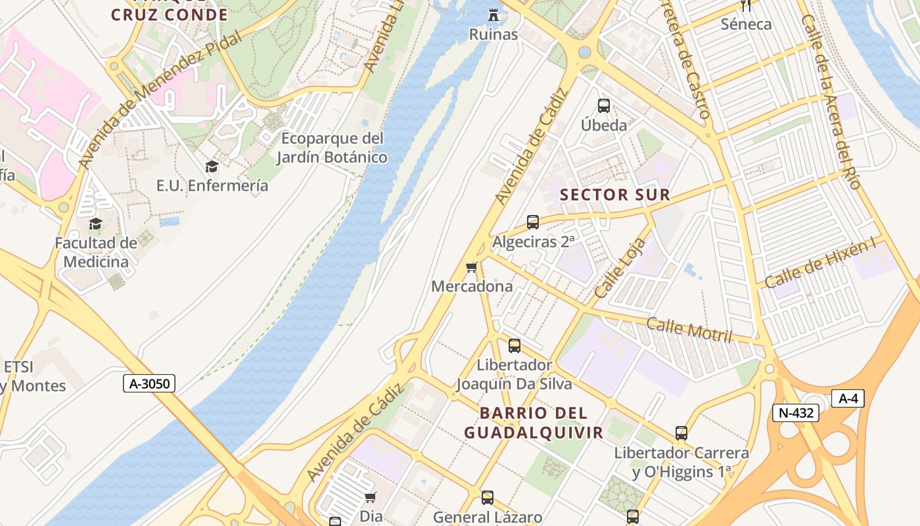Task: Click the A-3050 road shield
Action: [x=149, y=383]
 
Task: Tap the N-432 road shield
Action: [x=795, y=413]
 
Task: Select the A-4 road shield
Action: [x=848, y=398]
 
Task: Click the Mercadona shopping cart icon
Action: [x=471, y=267]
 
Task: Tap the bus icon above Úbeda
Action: [x=603, y=105]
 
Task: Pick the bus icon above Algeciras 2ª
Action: [x=533, y=222]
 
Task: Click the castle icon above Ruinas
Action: [x=493, y=14]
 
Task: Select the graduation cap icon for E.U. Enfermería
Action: [x=212, y=166]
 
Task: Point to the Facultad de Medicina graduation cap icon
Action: [x=96, y=224]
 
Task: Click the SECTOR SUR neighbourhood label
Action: [x=614, y=195]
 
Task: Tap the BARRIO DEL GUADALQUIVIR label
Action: [x=534, y=423]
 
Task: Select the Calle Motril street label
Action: [x=689, y=329]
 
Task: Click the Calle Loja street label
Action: [x=620, y=268]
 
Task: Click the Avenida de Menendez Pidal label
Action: [x=159, y=99]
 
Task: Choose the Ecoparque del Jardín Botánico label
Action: [x=331, y=148]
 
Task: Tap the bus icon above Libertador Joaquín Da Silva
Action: [x=515, y=345]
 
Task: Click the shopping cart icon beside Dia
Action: [x=371, y=498]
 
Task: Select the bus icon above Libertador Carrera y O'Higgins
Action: [x=681, y=433]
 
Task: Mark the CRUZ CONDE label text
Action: [x=170, y=14]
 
